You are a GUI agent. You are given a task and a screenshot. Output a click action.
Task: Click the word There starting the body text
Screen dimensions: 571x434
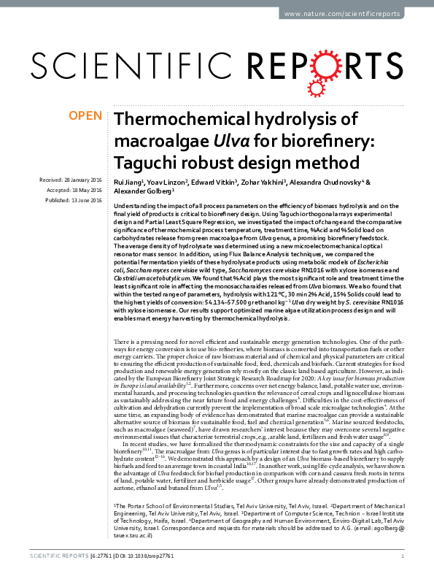pos(124,342)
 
